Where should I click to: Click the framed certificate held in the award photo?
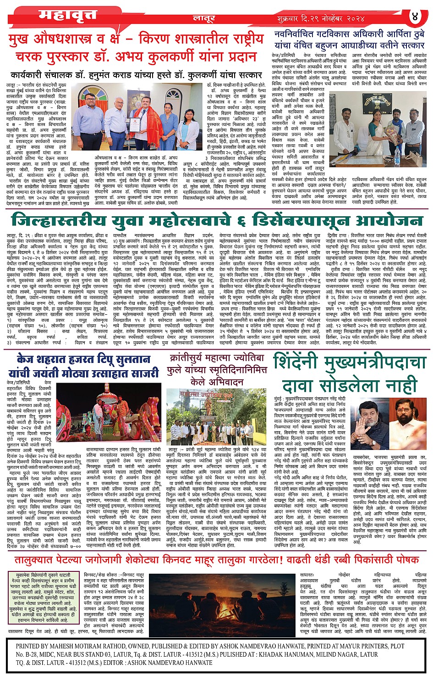(134, 125)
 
